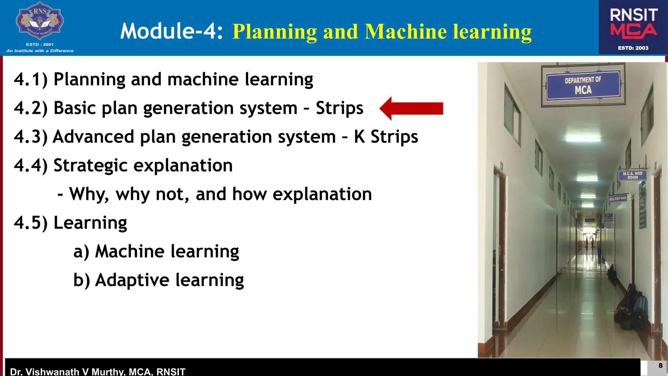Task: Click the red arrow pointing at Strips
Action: (412, 109)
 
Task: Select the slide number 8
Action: (660, 366)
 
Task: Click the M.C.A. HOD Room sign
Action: (632, 176)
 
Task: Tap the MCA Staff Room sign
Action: (618, 198)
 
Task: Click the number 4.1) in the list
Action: (31, 79)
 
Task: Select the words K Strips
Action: (386, 137)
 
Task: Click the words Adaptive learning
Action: (169, 280)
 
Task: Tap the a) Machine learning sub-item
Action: (156, 251)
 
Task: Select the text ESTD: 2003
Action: (633, 48)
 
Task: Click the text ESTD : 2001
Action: (39, 44)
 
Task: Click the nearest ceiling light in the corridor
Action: (583, 140)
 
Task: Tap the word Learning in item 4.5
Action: (90, 223)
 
